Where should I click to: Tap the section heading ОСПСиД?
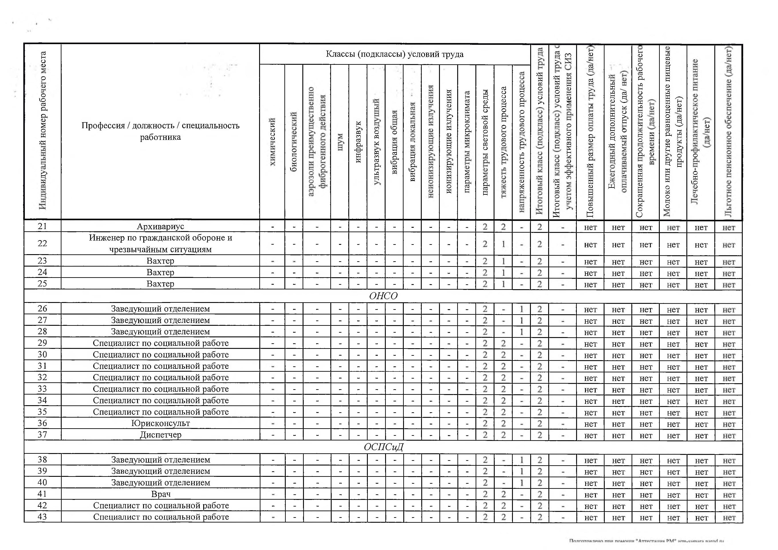(383, 447)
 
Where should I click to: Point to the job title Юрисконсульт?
(161, 423)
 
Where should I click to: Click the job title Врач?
(161, 494)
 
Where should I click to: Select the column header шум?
(340, 142)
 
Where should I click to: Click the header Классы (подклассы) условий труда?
(394, 54)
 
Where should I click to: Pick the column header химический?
(272, 142)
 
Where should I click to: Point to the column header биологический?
(294, 142)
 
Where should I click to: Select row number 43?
(42, 517)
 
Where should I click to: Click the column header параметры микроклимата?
(467, 142)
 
